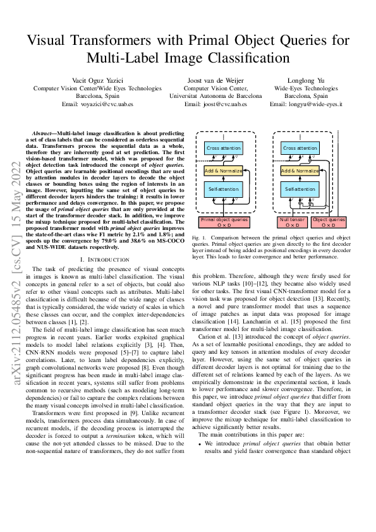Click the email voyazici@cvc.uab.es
point(92,104)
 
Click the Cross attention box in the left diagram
point(224,148)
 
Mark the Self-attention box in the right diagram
point(300,189)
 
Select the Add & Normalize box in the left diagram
point(224,171)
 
